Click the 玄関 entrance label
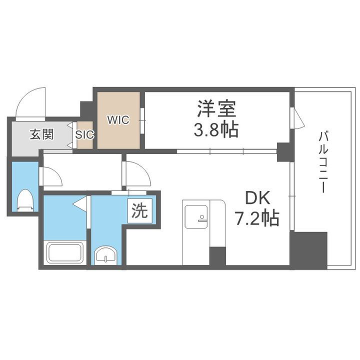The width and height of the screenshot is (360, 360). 41,134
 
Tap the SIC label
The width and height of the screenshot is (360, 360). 84,134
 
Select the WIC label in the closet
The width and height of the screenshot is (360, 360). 118,120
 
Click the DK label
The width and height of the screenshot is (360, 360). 257,198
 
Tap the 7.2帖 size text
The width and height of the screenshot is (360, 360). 257,218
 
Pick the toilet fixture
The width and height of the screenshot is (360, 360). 24,201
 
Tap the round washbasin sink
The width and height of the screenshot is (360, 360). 106,255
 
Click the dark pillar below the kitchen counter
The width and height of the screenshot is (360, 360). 217,256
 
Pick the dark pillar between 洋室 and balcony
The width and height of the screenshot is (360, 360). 285,152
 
